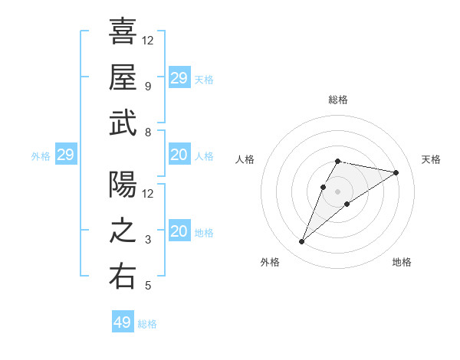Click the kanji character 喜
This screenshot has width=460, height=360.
click(123, 31)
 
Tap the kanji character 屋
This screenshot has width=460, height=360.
click(123, 77)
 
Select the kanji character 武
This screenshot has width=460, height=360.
click(123, 123)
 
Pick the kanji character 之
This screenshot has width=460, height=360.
click(123, 231)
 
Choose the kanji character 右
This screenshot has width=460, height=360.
click(123, 277)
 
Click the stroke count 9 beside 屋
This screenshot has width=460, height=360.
click(147, 87)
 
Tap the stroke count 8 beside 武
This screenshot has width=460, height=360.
click(147, 133)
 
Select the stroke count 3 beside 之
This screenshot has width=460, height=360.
click(147, 240)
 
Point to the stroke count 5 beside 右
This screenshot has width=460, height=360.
click(147, 286)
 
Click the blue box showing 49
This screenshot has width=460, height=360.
click(123, 322)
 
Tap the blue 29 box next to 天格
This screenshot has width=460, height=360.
click(179, 78)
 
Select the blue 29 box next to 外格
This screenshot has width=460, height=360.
click(65, 155)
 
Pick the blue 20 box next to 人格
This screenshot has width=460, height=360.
click(179, 155)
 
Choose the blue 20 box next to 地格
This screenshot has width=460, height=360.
click(179, 231)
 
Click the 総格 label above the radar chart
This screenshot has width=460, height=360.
click(338, 100)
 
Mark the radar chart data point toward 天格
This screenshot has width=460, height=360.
click(396, 172)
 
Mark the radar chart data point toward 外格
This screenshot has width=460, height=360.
click(302, 242)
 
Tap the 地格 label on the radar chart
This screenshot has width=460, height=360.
click(402, 262)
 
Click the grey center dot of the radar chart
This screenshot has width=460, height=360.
click(338, 191)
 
